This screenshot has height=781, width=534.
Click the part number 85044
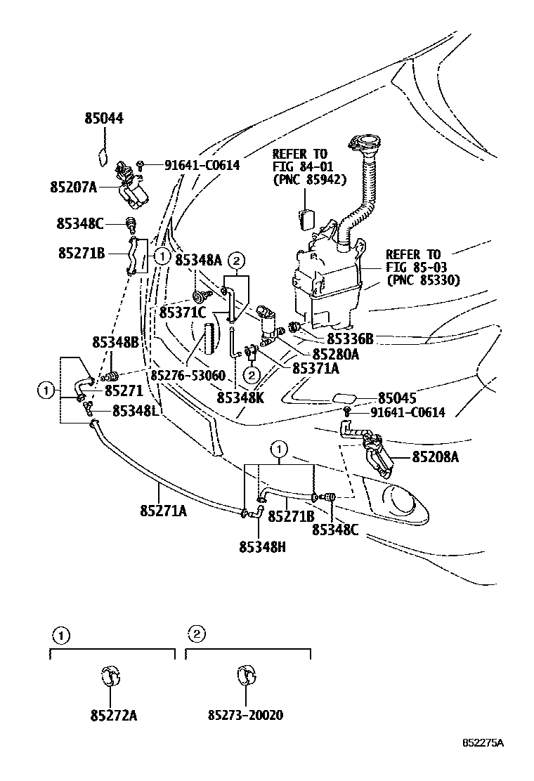(x=104, y=119)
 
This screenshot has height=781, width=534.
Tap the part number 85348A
(x=198, y=261)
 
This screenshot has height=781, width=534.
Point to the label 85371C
(x=182, y=311)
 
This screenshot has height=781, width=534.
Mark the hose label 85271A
(x=163, y=512)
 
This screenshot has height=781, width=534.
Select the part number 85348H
(x=261, y=546)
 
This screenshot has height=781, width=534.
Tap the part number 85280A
(x=335, y=355)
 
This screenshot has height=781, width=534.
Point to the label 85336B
(x=350, y=339)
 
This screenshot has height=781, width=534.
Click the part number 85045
(x=397, y=397)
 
